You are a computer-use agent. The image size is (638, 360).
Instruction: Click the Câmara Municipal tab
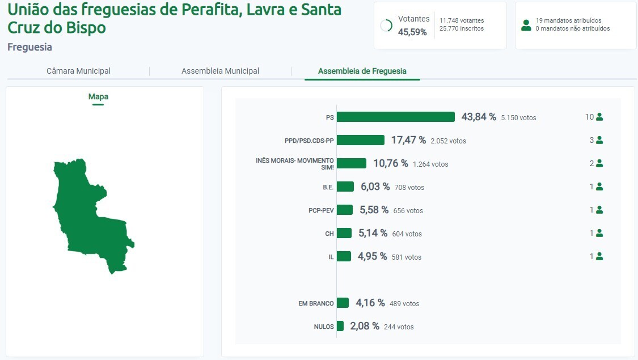(78, 71)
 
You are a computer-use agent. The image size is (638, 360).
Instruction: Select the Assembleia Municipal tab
(220, 71)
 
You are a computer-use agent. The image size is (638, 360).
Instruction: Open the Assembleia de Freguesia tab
(362, 71)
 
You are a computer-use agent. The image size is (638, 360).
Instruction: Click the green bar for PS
(396, 117)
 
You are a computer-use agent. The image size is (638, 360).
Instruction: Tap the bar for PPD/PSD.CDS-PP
(361, 140)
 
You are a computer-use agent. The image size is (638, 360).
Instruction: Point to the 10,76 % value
(390, 163)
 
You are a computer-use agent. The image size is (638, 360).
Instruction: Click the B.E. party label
(328, 187)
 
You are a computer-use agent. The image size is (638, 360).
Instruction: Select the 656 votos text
(408, 210)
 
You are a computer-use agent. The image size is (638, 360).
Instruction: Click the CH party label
(329, 234)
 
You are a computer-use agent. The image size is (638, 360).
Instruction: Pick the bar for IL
(344, 256)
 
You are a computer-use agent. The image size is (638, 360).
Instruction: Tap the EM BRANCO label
(316, 303)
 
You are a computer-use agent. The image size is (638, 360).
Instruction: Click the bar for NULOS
(340, 326)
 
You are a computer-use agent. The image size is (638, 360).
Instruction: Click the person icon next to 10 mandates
(599, 117)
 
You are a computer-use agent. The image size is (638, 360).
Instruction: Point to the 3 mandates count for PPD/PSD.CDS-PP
(591, 140)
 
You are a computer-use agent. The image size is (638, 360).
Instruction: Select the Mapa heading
(98, 96)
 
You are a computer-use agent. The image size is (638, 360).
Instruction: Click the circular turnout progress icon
(386, 26)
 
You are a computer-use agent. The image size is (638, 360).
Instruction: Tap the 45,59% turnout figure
(412, 32)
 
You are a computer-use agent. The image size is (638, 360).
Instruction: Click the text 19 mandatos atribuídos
(569, 20)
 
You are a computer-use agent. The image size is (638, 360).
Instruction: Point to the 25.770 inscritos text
(462, 28)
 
